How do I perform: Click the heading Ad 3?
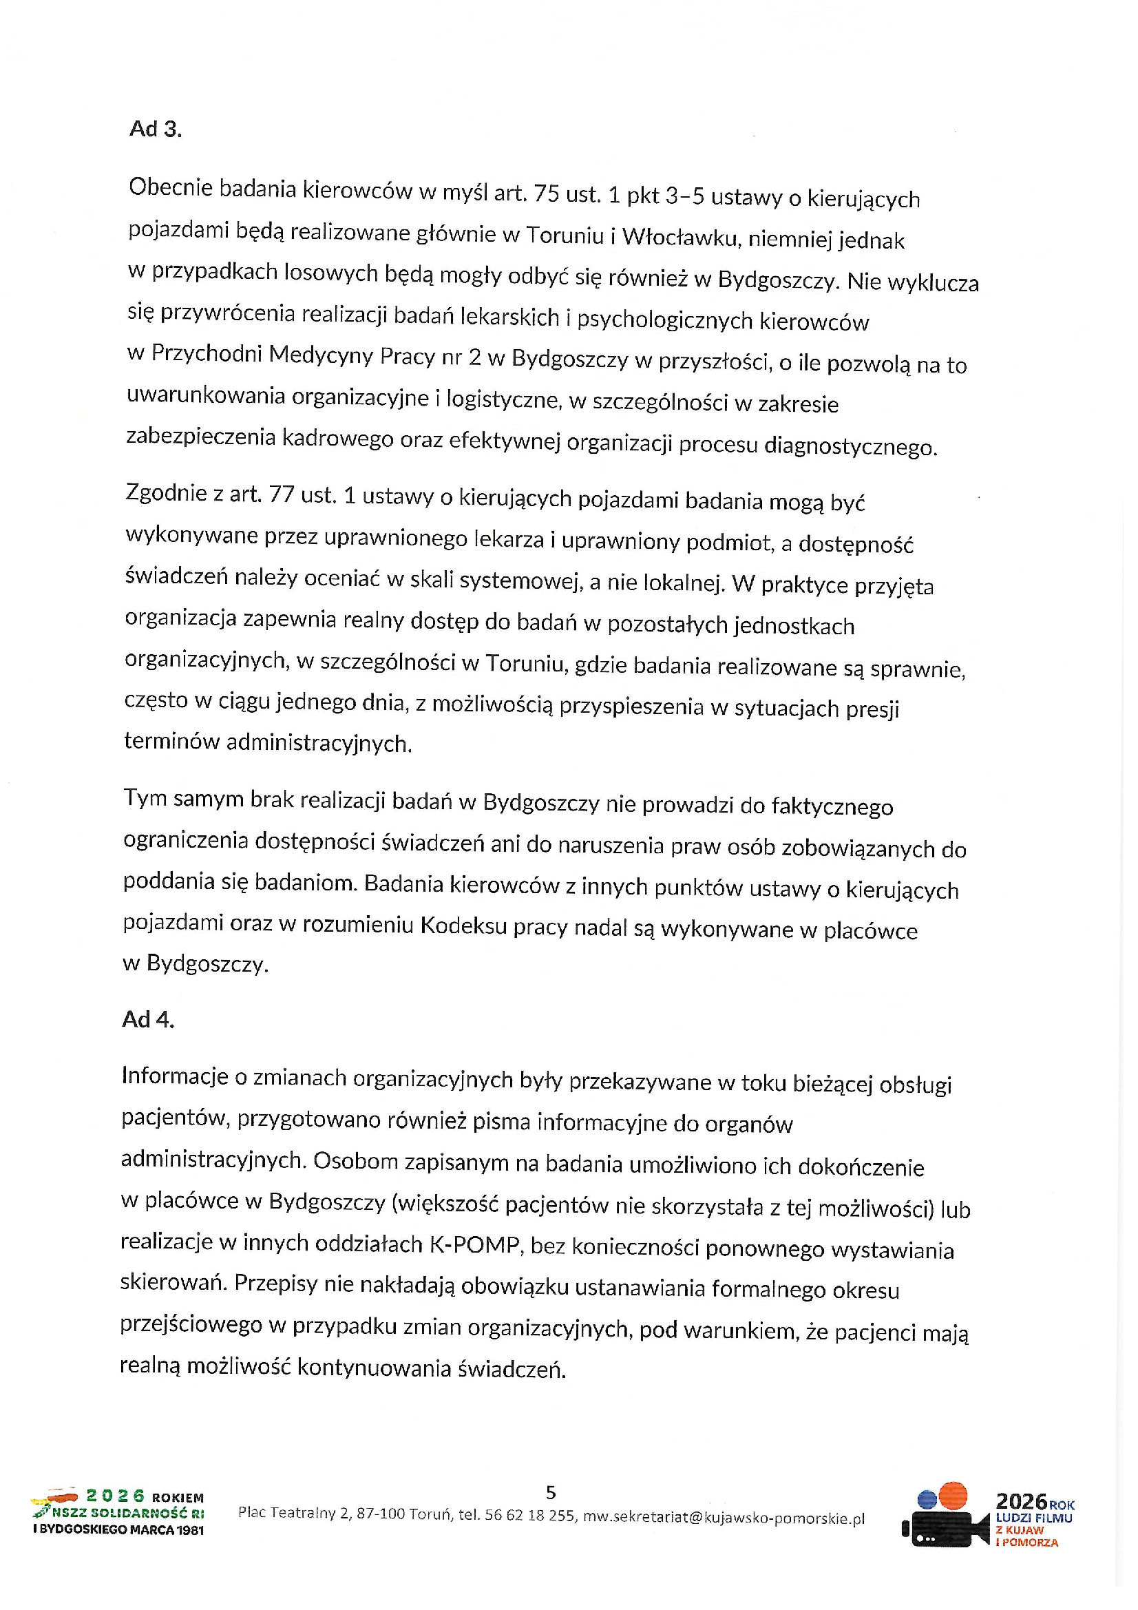[x=155, y=129]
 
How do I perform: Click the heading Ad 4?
[x=147, y=1020]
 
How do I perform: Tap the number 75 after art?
[x=546, y=194]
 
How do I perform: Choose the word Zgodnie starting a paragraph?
[x=165, y=494]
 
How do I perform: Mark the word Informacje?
[x=175, y=1076]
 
